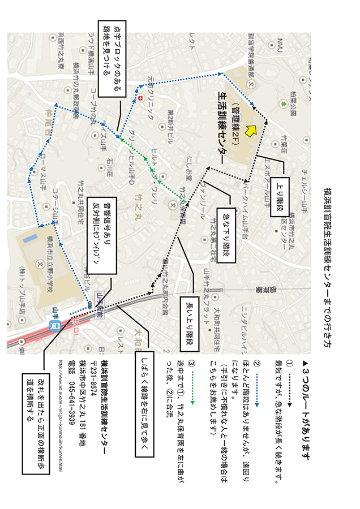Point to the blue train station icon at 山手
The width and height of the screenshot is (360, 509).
click(56, 326)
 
